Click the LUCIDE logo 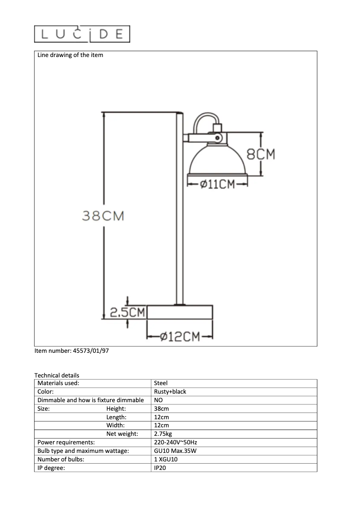[x=82, y=34]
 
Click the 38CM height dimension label [x=103, y=216]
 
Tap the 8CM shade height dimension [x=261, y=154]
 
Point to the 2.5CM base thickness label [x=127, y=312]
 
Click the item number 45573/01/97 [x=72, y=351]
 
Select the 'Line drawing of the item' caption [x=70, y=55]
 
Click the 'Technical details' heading [x=57, y=375]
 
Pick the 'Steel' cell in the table [x=161, y=383]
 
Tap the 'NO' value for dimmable [x=158, y=400]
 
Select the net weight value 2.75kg [x=163, y=434]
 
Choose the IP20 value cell [x=160, y=468]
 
